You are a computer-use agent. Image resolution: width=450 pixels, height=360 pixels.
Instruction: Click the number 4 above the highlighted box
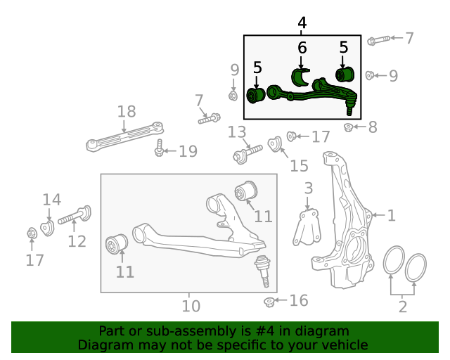click(302, 23)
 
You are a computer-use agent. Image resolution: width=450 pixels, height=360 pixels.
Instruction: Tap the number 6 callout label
click(302, 48)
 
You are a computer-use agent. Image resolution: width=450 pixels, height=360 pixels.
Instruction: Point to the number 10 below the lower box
click(191, 306)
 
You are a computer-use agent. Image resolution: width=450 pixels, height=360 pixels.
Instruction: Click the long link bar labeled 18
click(125, 136)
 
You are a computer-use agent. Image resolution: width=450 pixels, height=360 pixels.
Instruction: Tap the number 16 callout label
click(299, 301)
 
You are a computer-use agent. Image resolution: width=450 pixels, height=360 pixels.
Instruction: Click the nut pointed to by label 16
click(268, 302)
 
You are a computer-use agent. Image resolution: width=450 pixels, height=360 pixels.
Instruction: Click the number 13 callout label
click(237, 131)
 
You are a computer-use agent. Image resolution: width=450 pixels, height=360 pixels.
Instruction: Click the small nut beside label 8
click(348, 127)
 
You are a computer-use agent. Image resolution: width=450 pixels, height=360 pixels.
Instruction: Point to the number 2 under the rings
click(403, 306)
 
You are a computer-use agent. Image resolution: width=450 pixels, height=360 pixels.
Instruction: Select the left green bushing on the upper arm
click(257, 95)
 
